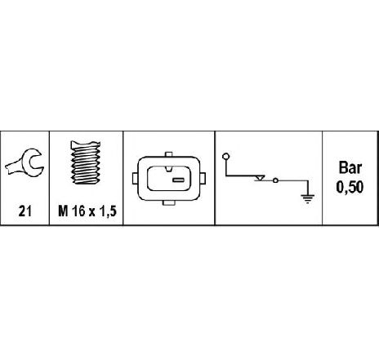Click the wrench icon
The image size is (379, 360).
pyautogui.click(x=27, y=162)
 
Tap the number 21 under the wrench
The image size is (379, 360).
pyautogui.click(x=25, y=211)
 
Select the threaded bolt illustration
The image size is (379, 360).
pyautogui.click(x=86, y=162)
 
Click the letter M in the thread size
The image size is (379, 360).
pyautogui.click(x=63, y=211)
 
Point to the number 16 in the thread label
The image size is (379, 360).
pyautogui.click(x=79, y=211)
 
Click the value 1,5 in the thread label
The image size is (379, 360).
pyautogui.click(x=109, y=211)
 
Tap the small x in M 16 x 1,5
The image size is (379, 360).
pyautogui.click(x=93, y=212)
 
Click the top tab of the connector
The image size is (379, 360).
pyautogui.click(x=169, y=154)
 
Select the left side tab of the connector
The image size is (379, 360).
pyautogui.click(x=136, y=178)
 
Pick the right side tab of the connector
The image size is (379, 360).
pyautogui.click(x=203, y=178)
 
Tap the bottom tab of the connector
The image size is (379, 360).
pyautogui.click(x=169, y=202)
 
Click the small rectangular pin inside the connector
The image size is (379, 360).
pyautogui.click(x=179, y=180)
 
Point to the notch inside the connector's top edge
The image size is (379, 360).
pyautogui.click(x=169, y=169)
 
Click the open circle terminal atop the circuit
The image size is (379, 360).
pyautogui.click(x=226, y=157)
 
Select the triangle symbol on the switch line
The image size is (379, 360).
pyautogui.click(x=260, y=179)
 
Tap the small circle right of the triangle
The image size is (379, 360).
pyautogui.click(x=275, y=180)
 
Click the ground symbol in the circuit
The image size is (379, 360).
pyautogui.click(x=308, y=199)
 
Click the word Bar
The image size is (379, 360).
pyautogui.click(x=350, y=167)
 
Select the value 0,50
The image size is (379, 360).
pyautogui.click(x=350, y=188)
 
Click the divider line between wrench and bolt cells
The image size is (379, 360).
pyautogui.click(x=49, y=178)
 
